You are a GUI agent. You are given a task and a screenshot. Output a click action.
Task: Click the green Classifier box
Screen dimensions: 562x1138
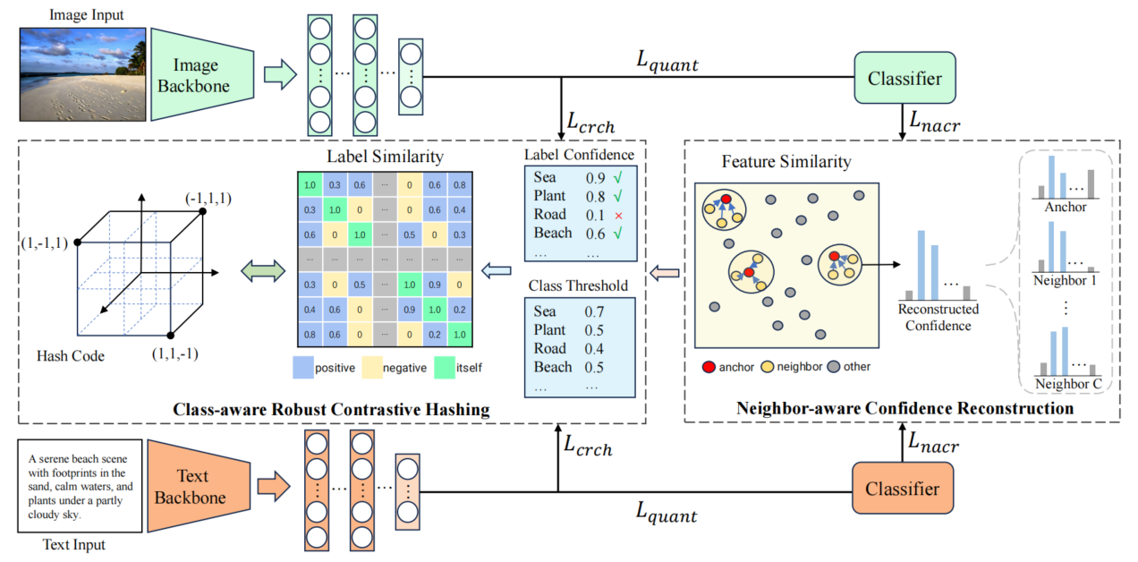[x=904, y=79]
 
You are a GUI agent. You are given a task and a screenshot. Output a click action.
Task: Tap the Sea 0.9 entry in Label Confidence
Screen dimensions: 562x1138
[x=564, y=178]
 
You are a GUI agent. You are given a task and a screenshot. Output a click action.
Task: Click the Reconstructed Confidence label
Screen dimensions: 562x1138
[x=938, y=318]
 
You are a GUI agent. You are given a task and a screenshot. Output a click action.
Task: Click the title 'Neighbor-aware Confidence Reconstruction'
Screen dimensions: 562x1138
[x=904, y=408]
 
